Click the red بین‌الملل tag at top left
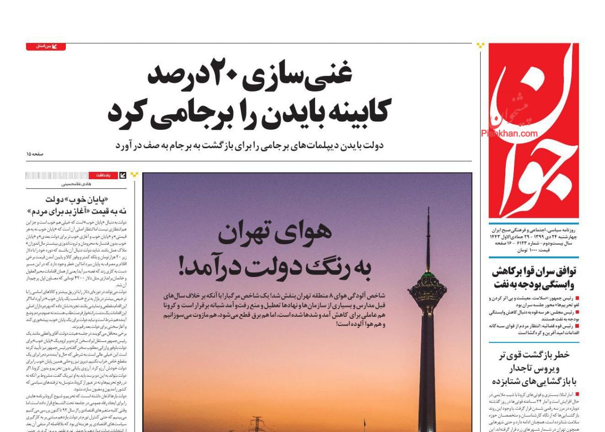click(x=46, y=46)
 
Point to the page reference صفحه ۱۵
click(x=35, y=154)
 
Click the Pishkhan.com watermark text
click(x=509, y=134)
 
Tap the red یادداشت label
click(x=103, y=175)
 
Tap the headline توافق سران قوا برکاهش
click(x=534, y=271)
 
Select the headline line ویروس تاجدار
click(x=534, y=368)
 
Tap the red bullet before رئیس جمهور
click(x=577, y=299)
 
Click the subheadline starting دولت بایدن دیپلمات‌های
click(x=249, y=145)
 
